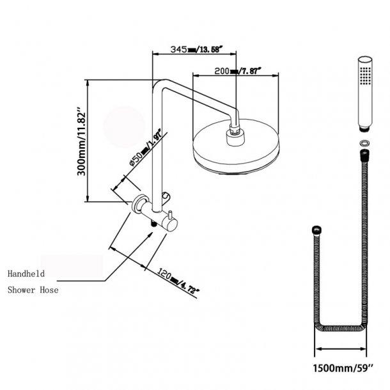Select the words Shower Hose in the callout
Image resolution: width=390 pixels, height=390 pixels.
pyautogui.click(x=33, y=290)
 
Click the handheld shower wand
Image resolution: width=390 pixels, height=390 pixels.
pyautogui.click(x=364, y=93)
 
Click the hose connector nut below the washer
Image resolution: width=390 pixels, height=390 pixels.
pyautogui.click(x=364, y=155)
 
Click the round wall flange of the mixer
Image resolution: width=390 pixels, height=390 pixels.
pyautogui.click(x=138, y=205)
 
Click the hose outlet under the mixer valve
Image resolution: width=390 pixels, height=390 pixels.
pyautogui.click(x=153, y=224)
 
